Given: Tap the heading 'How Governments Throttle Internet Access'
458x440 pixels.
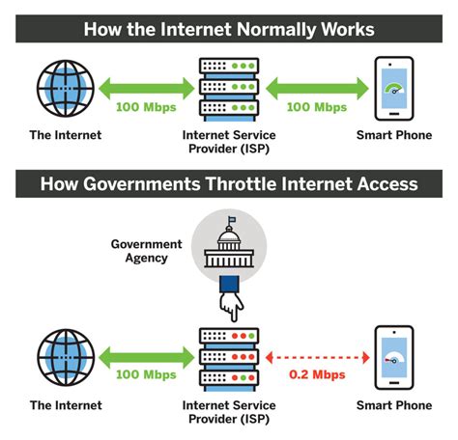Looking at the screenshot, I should pos(229,183).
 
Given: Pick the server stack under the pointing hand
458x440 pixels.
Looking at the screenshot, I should pos(229,357).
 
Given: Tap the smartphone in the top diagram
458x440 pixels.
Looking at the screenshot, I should pos(393,87).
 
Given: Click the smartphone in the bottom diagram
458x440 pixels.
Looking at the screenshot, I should pos(393,356).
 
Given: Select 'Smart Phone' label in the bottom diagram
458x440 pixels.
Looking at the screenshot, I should pos(395,405).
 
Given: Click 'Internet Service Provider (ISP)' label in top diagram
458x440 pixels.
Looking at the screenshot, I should pos(229,143).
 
